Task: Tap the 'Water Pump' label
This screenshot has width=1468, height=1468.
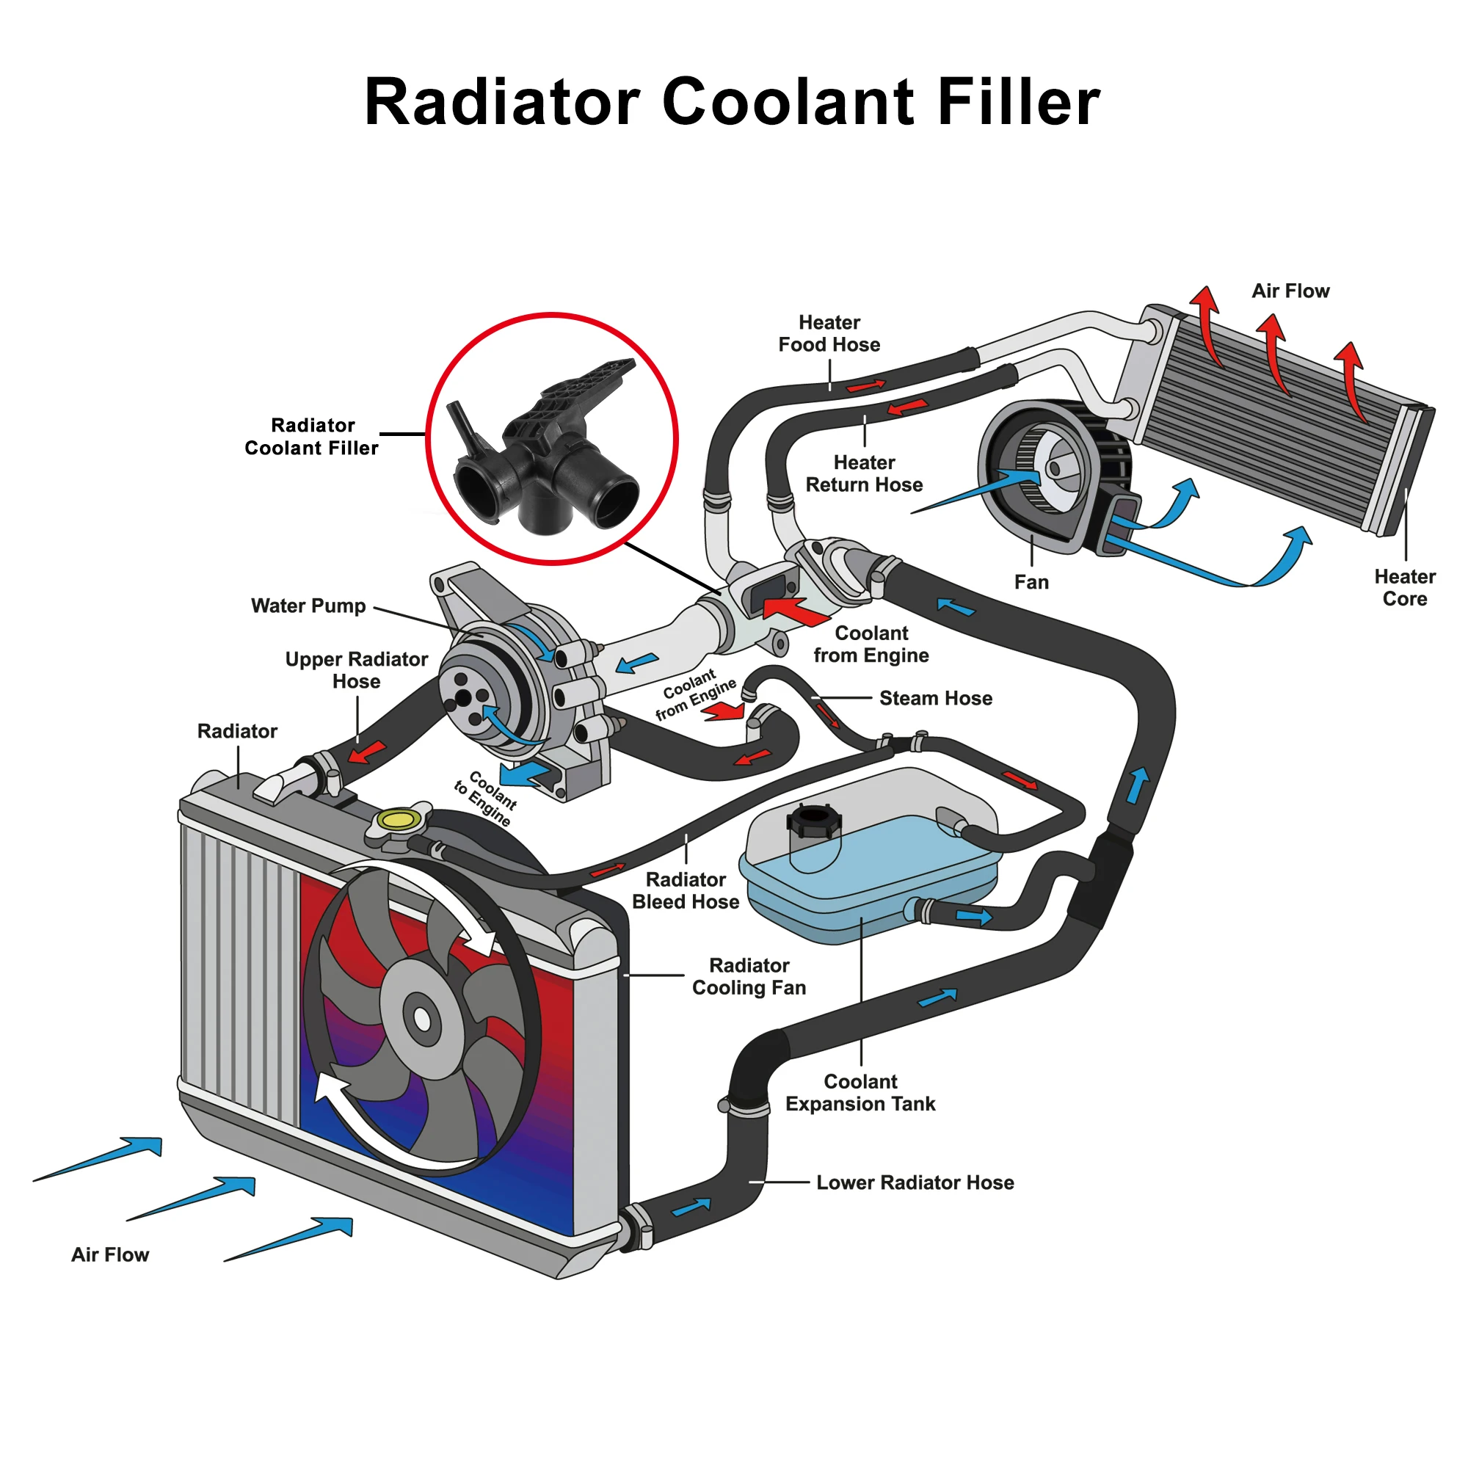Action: (308, 606)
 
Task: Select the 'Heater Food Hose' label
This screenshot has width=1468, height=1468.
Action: (829, 333)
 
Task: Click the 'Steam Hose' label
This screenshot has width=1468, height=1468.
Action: (935, 698)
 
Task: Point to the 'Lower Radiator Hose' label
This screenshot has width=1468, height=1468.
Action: (915, 1182)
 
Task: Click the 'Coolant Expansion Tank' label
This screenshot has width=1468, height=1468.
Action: (860, 1093)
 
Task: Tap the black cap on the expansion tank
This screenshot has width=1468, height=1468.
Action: (814, 821)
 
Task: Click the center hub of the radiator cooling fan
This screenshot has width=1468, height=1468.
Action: (422, 1020)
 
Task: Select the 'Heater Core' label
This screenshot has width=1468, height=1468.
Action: (1404, 587)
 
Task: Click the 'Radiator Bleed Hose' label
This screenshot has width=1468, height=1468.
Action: (686, 890)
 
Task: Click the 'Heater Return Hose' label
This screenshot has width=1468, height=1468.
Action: (864, 473)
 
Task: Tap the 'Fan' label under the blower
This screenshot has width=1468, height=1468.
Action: (1031, 583)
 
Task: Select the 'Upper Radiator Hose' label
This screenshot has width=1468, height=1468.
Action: (357, 670)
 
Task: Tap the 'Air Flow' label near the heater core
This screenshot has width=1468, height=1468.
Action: (1290, 291)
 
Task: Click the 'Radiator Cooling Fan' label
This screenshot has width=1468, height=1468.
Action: (749, 976)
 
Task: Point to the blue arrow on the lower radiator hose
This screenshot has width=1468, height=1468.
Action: (691, 1207)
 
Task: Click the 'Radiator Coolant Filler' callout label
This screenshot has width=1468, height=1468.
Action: (311, 437)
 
